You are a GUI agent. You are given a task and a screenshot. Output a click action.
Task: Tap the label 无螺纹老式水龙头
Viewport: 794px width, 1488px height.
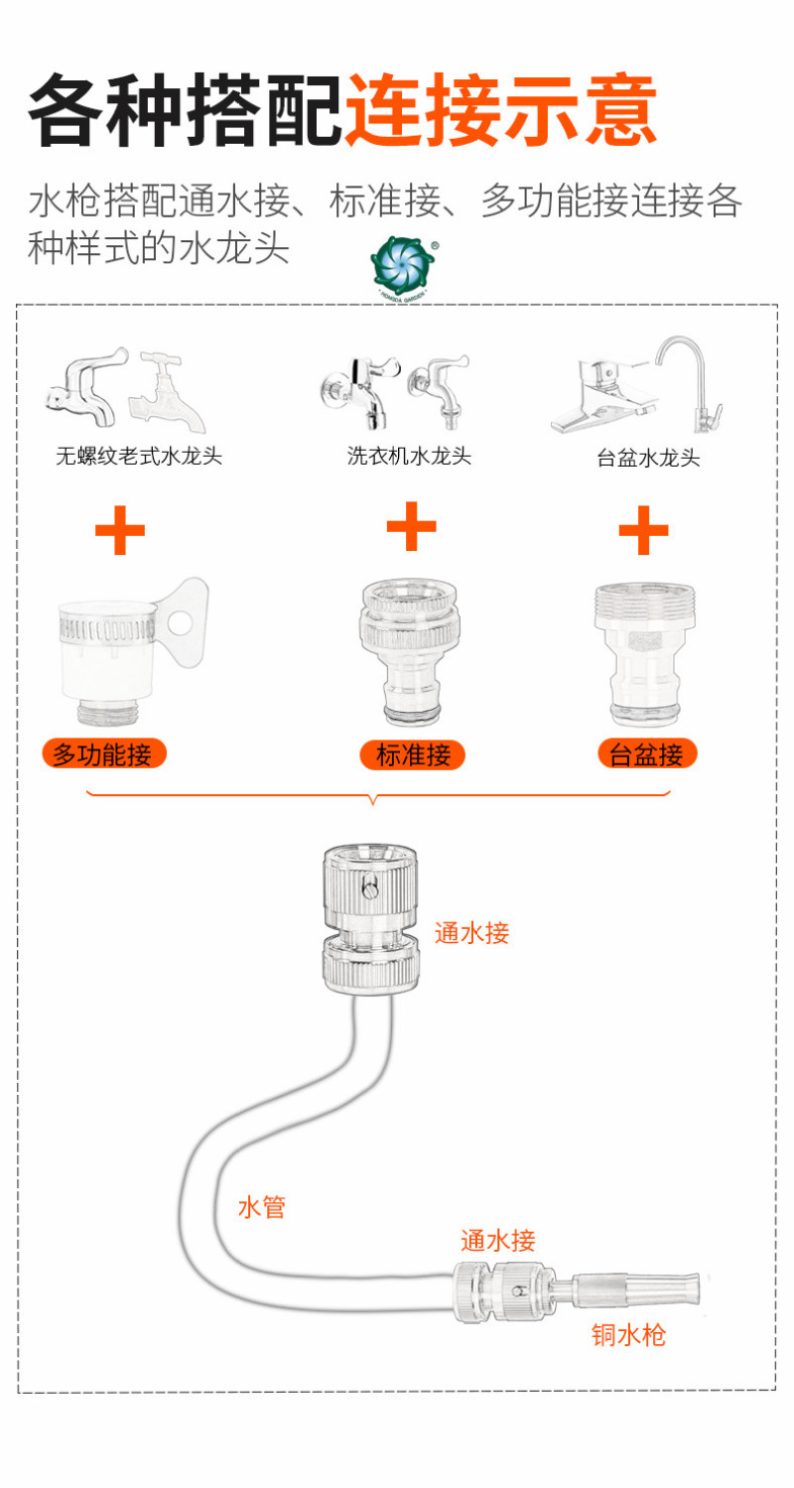(x=138, y=457)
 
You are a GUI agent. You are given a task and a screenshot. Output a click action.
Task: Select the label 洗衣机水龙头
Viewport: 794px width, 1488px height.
(x=409, y=456)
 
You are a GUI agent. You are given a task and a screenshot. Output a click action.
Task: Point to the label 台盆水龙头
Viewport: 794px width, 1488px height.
(x=648, y=458)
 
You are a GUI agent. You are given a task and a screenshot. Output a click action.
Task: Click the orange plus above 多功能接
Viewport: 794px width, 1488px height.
(x=120, y=530)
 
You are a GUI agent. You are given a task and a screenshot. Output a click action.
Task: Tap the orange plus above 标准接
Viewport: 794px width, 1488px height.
(x=411, y=526)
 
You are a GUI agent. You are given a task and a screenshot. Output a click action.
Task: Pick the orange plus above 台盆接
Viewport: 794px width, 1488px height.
(x=643, y=529)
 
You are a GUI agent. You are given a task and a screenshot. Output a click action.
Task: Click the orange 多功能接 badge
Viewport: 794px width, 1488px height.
(x=103, y=754)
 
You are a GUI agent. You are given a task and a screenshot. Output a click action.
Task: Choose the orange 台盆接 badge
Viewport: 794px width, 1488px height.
(x=647, y=754)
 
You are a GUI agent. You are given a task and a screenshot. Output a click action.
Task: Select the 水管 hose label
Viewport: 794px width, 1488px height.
(x=262, y=1207)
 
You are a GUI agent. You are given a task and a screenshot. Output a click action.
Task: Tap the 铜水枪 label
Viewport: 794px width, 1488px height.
(x=628, y=1334)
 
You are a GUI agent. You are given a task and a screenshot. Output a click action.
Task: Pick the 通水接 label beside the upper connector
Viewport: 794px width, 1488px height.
(x=471, y=933)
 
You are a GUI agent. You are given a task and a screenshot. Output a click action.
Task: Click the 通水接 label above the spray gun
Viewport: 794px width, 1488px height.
(x=497, y=1240)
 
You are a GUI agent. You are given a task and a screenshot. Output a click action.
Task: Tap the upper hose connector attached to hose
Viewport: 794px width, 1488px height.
(x=371, y=920)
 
